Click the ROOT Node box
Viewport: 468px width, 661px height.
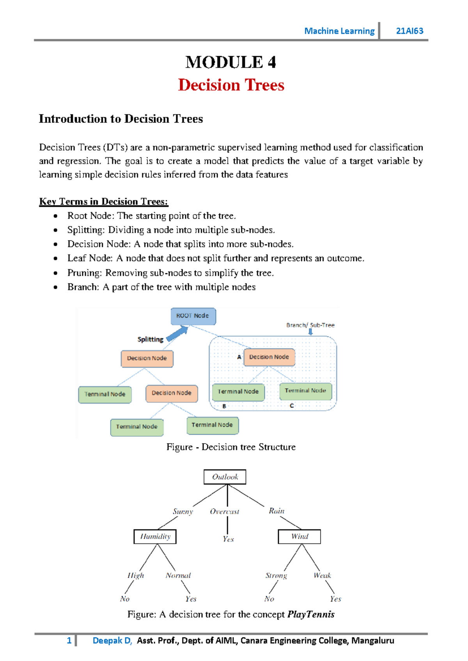(193, 316)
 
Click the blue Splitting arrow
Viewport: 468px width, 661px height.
(178, 334)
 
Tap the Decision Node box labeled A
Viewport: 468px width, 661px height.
(269, 357)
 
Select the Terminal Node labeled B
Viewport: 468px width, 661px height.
(238, 392)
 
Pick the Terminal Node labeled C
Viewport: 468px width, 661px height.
(305, 391)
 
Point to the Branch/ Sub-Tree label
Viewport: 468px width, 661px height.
(310, 325)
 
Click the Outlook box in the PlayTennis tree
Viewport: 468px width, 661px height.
(225, 477)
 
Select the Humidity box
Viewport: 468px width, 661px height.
(155, 537)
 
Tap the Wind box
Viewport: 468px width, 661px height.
(299, 537)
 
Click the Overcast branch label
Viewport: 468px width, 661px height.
(224, 512)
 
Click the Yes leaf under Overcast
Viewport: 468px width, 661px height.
(228, 539)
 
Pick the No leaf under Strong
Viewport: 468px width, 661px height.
(269, 599)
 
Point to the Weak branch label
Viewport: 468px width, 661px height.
(322, 576)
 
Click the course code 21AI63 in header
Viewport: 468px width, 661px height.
(409, 31)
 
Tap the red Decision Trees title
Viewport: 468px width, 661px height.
(231, 85)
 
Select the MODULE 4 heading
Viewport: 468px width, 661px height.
(231, 62)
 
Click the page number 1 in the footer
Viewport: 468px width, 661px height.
(69, 641)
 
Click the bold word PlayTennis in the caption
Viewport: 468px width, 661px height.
(311, 615)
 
